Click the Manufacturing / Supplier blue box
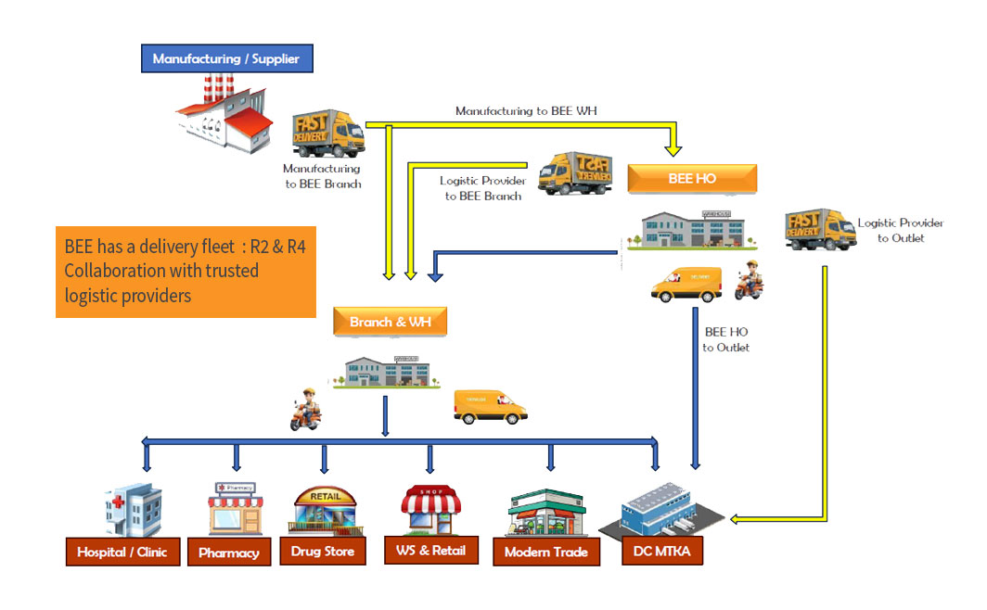(x=226, y=58)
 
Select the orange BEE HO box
(x=692, y=178)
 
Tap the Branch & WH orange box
(x=390, y=323)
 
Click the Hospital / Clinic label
(x=122, y=552)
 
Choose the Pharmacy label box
(x=229, y=553)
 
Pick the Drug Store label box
(x=324, y=552)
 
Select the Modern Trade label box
(x=546, y=552)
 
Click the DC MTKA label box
(x=663, y=553)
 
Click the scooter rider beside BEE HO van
(x=750, y=279)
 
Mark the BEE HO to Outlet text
(x=725, y=339)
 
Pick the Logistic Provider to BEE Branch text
(x=482, y=188)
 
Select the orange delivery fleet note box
(x=186, y=272)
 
